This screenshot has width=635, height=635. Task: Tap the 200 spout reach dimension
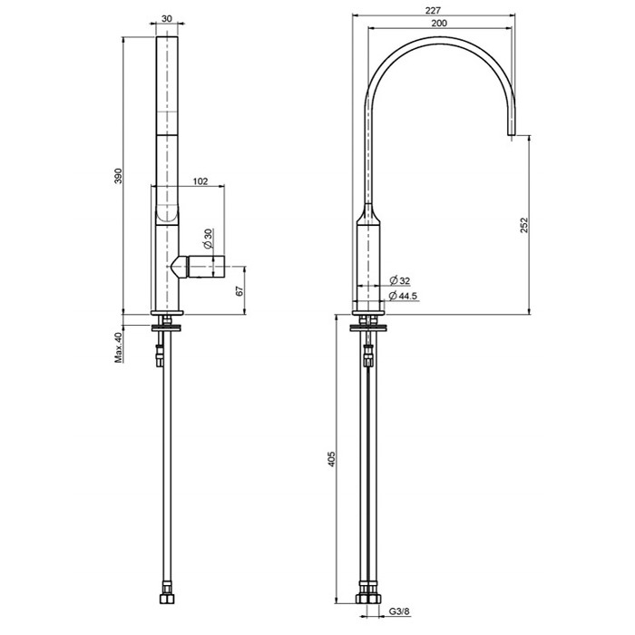tap(439, 23)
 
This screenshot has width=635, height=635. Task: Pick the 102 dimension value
tap(201, 181)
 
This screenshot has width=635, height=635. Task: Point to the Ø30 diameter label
tap(208, 239)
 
